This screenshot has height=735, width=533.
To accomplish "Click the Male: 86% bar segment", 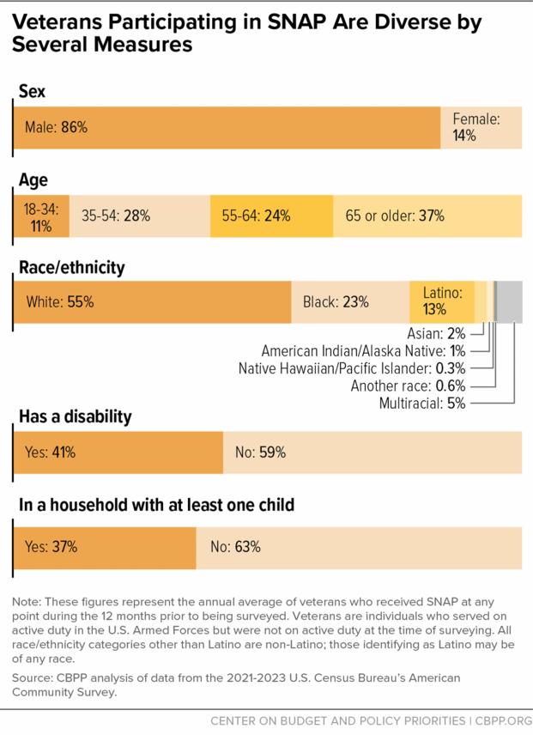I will pos(227,127).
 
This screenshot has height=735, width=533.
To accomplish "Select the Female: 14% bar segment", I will pos(480,127).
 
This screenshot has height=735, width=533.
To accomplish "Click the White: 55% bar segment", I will pos(152,302).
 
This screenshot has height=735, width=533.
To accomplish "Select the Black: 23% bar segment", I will pos(350,302).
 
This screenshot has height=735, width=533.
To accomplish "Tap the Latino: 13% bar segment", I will pos(442,302).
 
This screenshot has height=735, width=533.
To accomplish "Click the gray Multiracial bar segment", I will pos(509,302).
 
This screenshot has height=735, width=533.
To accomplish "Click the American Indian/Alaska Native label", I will pos(363,351).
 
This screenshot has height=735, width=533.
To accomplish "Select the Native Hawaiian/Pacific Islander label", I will pos(352,368).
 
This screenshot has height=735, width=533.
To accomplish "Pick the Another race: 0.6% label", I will pos(408,386).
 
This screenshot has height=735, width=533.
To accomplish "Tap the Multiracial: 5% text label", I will pos(421,403).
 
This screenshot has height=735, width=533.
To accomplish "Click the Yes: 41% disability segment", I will pos(118,453).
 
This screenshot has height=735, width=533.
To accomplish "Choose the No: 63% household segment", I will pos(358,546).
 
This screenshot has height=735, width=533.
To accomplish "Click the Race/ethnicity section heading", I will pos(71,268).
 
